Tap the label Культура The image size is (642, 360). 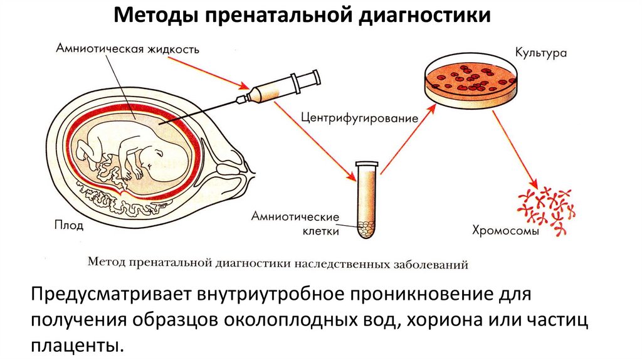540,53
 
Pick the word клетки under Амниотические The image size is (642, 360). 320,231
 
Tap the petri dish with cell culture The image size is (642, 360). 471,78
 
